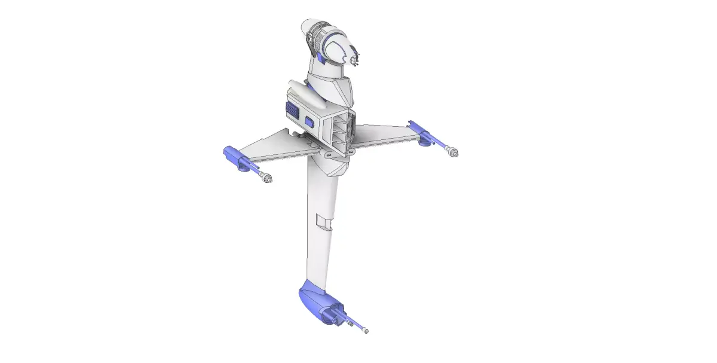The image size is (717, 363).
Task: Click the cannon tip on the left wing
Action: pos(267,178)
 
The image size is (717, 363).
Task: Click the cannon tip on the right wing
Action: pos(454,152)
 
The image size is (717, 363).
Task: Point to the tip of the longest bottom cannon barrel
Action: pos(366,331)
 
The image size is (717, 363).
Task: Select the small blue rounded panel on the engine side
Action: pos(310,121)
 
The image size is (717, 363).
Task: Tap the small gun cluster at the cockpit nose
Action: pos(356,60)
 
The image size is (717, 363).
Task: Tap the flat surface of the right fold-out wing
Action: pos(382,135)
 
